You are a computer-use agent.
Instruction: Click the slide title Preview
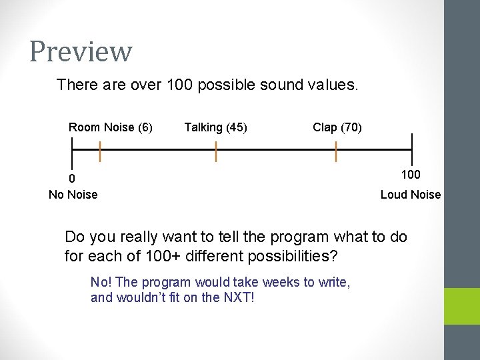[81, 51]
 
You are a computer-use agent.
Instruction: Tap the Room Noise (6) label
[111, 127]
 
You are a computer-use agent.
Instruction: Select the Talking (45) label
[215, 127]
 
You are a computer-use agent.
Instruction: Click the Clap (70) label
[337, 127]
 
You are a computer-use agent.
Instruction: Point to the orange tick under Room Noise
[100, 151]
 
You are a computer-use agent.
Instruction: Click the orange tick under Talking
[216, 151]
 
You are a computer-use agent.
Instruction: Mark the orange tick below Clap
[336, 151]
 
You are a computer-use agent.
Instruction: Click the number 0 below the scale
[72, 179]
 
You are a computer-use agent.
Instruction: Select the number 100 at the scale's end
[411, 175]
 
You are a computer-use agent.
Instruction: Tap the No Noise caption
[73, 195]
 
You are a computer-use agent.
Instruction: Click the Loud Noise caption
[411, 195]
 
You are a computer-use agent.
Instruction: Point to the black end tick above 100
[412, 149]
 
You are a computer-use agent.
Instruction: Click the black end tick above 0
[72, 152]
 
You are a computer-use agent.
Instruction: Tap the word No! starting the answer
[101, 282]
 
